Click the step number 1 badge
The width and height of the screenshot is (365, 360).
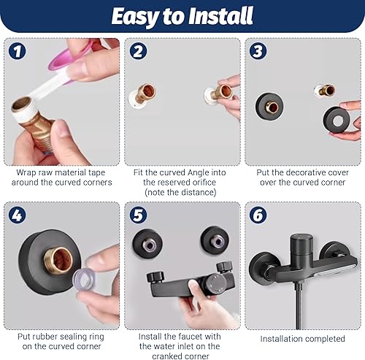17,51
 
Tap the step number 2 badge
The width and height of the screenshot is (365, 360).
138,51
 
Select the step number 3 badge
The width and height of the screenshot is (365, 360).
258,51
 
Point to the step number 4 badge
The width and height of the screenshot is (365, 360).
17,215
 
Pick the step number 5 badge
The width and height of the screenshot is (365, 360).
138,215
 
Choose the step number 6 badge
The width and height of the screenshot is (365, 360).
258,215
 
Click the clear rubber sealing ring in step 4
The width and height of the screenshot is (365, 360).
85,278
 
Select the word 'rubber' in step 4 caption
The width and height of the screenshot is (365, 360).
45,337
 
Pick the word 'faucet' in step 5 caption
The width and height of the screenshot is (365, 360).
191,337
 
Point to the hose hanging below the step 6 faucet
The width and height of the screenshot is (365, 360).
299,308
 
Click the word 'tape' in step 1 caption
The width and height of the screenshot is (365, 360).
96,173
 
